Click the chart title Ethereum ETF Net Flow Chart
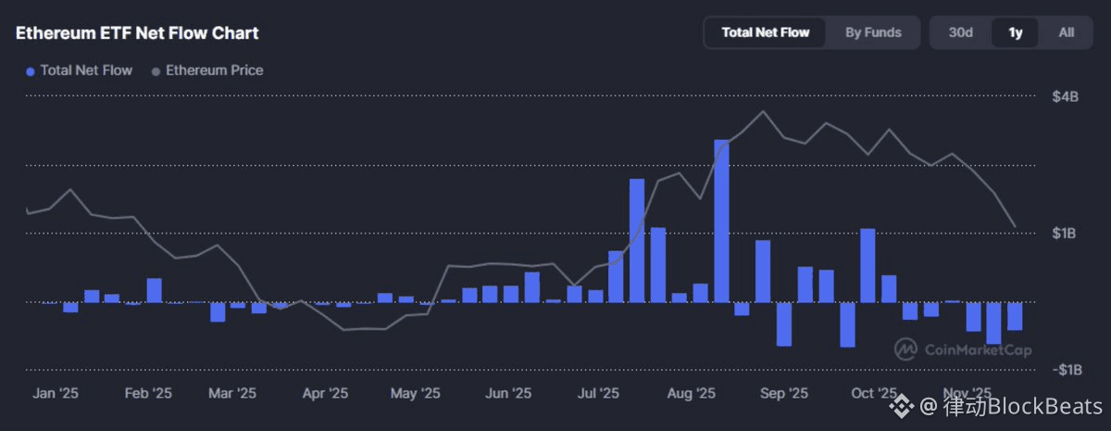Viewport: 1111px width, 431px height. pos(137,33)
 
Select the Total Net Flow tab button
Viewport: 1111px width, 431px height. pos(765,32)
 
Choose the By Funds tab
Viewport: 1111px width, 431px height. pos(873,32)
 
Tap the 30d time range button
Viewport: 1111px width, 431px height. pos(960,32)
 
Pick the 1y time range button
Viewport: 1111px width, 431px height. pos(1015,32)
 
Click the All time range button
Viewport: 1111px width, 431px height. pos(1067,32)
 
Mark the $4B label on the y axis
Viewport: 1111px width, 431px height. pos(1065,97)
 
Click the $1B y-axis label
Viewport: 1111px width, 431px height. pos(1065,234)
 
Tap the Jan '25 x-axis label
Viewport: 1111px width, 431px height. pos(56,393)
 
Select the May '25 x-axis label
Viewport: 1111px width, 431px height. pos(416,393)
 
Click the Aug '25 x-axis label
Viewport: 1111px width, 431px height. pos(691,393)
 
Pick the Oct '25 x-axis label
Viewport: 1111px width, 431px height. pos(874,393)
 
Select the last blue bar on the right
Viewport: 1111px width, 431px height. pos(1015,316)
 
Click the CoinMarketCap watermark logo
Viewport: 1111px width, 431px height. pos(963,349)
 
